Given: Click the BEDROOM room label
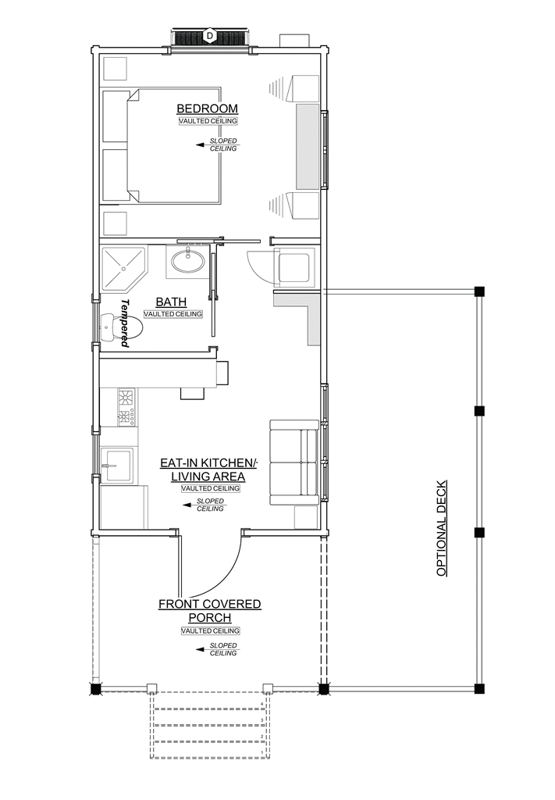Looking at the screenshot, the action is [x=207, y=109].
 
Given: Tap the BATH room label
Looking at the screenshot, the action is [x=171, y=302].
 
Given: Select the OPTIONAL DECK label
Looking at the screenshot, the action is [x=442, y=528].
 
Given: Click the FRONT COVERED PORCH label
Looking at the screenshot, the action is [x=210, y=611].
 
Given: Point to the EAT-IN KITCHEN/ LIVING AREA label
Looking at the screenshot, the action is [x=208, y=470].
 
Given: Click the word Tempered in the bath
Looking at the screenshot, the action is [x=125, y=323].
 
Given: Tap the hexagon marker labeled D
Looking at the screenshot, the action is [x=209, y=35].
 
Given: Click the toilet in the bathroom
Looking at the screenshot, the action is [x=121, y=327].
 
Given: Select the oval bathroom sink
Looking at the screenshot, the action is [x=188, y=262].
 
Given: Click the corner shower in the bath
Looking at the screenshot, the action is [x=124, y=268].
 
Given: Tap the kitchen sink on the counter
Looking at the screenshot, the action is [x=118, y=466].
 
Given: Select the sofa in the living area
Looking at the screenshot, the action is [x=294, y=462].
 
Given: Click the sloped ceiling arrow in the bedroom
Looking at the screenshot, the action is [x=203, y=145].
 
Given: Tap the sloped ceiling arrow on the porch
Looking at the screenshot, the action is [x=203, y=649].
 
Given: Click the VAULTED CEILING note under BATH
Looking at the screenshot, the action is [x=173, y=314].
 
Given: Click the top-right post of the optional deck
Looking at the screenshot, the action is [x=479, y=291].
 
